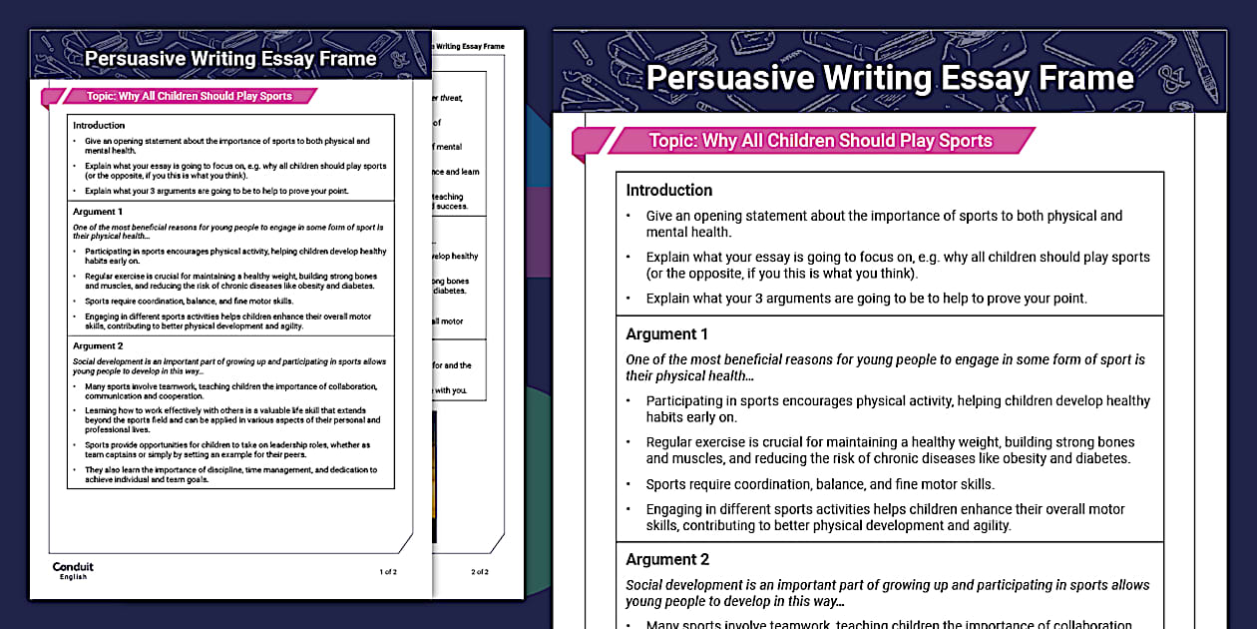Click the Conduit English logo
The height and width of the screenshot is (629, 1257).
click(73, 570)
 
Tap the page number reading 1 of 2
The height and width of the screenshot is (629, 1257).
click(388, 572)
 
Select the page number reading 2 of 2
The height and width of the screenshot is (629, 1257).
click(479, 572)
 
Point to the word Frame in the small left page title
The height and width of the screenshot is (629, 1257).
click(347, 58)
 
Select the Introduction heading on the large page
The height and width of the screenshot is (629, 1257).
click(668, 190)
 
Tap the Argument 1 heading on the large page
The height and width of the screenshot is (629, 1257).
click(666, 333)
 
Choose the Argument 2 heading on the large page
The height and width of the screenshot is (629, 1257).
click(666, 559)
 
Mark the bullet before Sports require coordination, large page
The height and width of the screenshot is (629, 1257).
click(628, 485)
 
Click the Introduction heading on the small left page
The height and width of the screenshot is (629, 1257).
click(99, 126)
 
